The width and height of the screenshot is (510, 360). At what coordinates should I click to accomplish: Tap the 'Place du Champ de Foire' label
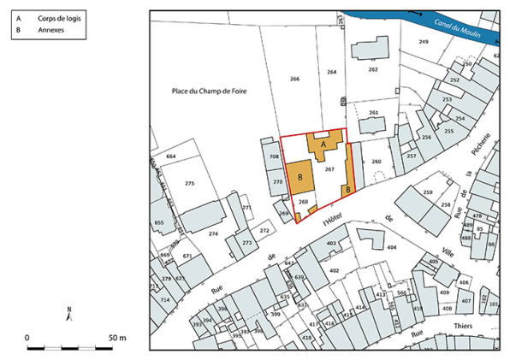click(209, 90)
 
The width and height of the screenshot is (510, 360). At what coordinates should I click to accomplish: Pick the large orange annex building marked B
click(300, 175)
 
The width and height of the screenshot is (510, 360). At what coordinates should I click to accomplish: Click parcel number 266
click(294, 79)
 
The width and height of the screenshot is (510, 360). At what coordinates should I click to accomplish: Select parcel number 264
click(332, 73)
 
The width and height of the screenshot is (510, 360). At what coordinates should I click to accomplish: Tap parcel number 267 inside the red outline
click(329, 170)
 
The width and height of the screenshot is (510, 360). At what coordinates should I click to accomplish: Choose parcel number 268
click(303, 202)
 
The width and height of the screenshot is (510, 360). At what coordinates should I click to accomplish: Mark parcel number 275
click(189, 184)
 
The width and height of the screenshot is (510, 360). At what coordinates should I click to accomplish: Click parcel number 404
click(391, 247)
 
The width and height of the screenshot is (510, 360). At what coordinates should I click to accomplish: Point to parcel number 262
click(372, 69)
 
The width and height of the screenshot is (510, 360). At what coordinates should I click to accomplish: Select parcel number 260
click(375, 161)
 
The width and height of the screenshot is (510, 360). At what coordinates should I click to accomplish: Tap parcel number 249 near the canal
click(423, 42)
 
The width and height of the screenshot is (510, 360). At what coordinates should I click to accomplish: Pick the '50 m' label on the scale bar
click(117, 338)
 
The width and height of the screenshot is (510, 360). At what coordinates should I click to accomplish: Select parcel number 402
click(334, 270)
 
